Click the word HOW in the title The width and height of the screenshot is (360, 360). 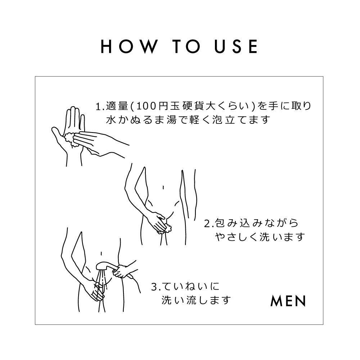(x=129, y=46)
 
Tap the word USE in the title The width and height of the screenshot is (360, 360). (x=236, y=46)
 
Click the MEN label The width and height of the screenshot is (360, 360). (x=288, y=301)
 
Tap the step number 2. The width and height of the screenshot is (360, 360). (x=208, y=224)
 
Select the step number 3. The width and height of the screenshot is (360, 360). (x=154, y=287)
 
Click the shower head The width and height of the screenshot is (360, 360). (x=103, y=266)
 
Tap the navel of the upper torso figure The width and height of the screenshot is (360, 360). (x=163, y=188)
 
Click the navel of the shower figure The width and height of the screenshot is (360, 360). (x=101, y=253)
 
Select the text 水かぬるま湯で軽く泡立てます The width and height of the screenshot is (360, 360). (x=188, y=120)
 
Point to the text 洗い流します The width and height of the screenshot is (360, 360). (x=196, y=300)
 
